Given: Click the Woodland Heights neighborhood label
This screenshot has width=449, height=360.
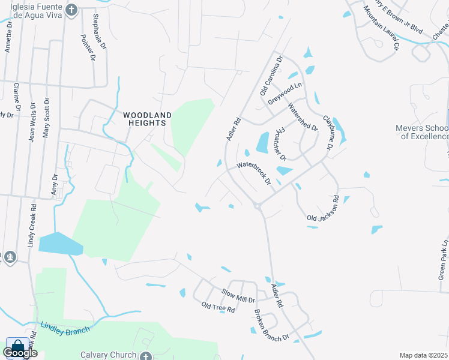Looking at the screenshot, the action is pyautogui.click(x=147, y=119).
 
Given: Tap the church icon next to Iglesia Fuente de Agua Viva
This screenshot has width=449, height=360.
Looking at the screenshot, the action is pyautogui.click(x=71, y=10).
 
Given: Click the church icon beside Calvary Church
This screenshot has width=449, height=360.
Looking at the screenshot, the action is pyautogui.click(x=145, y=355).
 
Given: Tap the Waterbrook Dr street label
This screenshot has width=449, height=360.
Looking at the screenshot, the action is pyautogui.click(x=255, y=173).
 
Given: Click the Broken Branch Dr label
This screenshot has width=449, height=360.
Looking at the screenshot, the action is pyautogui.click(x=271, y=326).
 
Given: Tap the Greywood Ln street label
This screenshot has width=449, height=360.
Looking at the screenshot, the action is pyautogui.click(x=285, y=94).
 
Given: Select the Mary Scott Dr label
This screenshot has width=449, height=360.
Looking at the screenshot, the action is pyautogui.click(x=46, y=118).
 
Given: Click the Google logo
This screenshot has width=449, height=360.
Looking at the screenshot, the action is pyautogui.click(x=20, y=353).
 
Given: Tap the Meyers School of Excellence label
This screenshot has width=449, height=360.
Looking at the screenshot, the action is pyautogui.click(x=422, y=132).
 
